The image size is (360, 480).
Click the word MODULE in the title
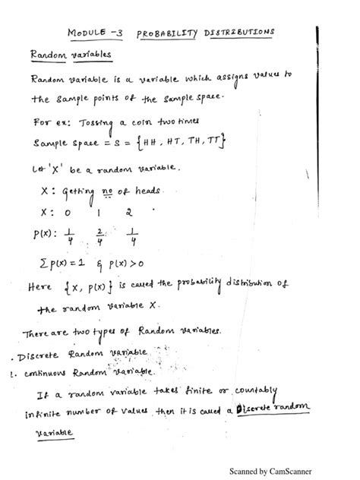pos(89,33)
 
